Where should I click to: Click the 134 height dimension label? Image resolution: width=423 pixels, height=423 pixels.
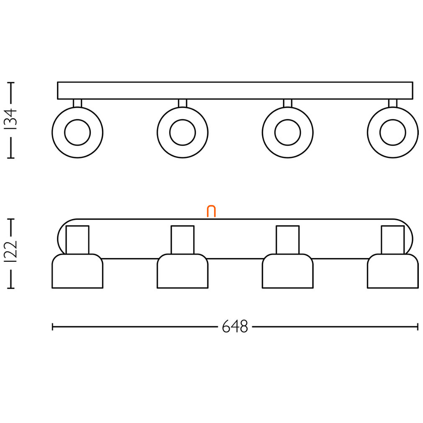click(11, 120)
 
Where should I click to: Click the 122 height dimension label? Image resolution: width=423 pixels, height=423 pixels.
click(11, 251)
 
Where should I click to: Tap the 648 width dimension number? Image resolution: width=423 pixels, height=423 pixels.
click(235, 327)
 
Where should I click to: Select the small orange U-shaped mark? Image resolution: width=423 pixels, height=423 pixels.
click(211, 211)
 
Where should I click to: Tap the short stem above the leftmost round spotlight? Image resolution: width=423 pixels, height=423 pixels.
click(77, 103)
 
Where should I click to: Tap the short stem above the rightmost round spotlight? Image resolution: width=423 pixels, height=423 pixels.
click(392, 103)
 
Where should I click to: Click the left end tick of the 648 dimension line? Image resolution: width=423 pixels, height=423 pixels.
click(52, 327)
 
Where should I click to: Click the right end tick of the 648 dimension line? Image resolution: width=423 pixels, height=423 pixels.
click(418, 327)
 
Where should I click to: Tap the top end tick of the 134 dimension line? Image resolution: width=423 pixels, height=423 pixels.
click(11, 82)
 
